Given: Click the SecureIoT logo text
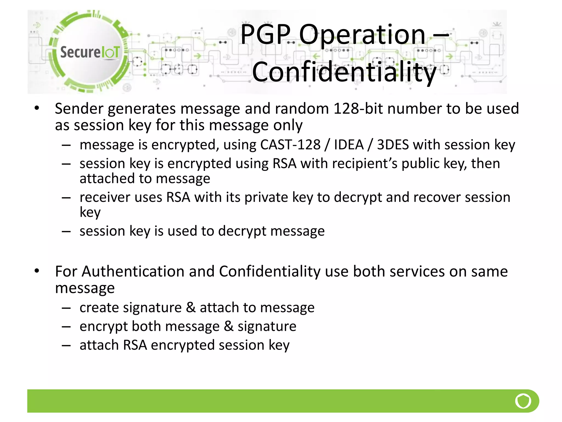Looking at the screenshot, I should [90, 52].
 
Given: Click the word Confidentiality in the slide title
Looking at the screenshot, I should [344, 72].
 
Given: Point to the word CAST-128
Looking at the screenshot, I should [290, 145].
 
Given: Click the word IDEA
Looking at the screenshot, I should [349, 145].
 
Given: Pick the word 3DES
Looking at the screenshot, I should [393, 145].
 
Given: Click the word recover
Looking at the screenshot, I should [437, 198].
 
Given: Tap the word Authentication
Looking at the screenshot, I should [133, 272].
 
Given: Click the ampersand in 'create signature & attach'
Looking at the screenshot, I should [191, 307].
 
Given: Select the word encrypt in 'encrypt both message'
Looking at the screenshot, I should [103, 326].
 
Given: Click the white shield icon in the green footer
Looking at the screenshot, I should [523, 401].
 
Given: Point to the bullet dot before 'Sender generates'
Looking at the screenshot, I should [37, 108].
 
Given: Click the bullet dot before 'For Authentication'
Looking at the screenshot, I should [37, 271].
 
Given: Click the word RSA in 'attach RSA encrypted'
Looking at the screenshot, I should [135, 345].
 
